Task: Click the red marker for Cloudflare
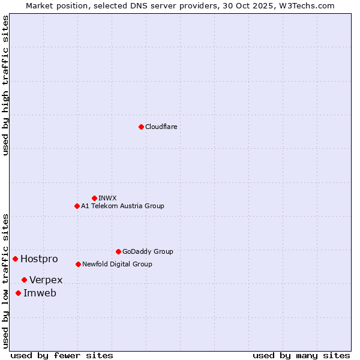click(141, 127)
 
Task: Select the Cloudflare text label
click(161, 127)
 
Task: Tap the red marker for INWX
click(94, 198)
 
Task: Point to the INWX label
click(107, 198)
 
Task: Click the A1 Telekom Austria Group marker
click(77, 206)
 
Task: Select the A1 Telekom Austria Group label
click(122, 206)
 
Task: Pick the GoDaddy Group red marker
click(118, 251)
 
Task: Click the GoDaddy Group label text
click(147, 251)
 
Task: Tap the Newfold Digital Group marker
click(78, 264)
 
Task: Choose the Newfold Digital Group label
click(117, 264)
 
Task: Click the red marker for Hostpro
click(15, 259)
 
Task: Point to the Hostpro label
click(39, 259)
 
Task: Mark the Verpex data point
click(24, 280)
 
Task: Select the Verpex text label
click(46, 280)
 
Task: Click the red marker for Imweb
click(18, 293)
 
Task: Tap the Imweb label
click(40, 293)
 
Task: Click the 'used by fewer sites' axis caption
click(62, 355)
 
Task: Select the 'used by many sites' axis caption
click(301, 355)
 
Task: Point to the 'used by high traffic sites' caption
click(6, 85)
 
